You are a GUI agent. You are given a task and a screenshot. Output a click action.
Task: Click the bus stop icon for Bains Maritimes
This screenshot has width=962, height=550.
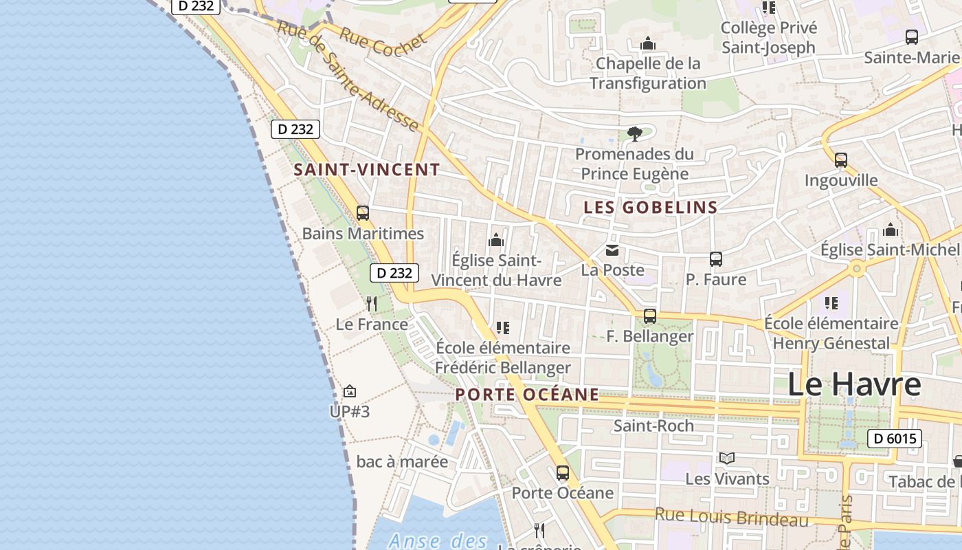pos(363,213)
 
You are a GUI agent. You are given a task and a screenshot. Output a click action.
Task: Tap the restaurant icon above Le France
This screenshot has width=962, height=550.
pos(372,303)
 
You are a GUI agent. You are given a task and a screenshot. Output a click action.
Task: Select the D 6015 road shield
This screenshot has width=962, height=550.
pos(894,439)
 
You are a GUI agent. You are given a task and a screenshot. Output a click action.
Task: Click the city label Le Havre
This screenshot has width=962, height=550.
pos(853,384)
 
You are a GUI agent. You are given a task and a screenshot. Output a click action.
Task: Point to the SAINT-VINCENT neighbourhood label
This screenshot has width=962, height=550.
pos(367,170)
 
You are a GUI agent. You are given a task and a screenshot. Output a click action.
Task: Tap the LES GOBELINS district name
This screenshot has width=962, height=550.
pos(651,207)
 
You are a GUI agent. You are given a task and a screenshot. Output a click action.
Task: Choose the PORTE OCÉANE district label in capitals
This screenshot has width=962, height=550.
pos(527,395)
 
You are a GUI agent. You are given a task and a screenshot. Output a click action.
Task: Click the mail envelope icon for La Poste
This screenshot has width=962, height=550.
pos(612,250)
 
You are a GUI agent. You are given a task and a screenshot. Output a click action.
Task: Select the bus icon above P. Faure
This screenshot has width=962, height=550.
pos(716,259)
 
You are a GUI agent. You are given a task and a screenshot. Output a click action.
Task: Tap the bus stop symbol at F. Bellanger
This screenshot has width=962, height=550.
pos(649,316)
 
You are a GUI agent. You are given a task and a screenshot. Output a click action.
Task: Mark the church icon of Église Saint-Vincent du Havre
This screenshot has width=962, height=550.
pos(495,240)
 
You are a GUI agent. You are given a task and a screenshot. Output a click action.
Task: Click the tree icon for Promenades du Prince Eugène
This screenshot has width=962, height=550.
pos(634,133)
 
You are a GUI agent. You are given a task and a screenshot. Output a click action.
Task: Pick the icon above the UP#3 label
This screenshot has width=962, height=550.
pos(350,391)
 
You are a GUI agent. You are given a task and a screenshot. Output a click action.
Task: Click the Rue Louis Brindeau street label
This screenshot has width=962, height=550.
pos(732,517)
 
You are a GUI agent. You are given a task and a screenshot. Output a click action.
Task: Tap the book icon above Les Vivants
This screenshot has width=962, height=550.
pos(727,458)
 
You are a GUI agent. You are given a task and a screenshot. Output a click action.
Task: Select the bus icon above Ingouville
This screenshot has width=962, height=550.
pos(841,160)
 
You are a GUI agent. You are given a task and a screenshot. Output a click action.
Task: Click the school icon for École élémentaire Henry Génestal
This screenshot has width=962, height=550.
pos(831,302)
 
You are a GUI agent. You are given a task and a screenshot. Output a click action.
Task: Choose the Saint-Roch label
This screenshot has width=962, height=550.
pos(653,426)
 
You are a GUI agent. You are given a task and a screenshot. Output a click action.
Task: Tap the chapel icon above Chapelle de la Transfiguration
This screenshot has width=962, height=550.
pos(647,44)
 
